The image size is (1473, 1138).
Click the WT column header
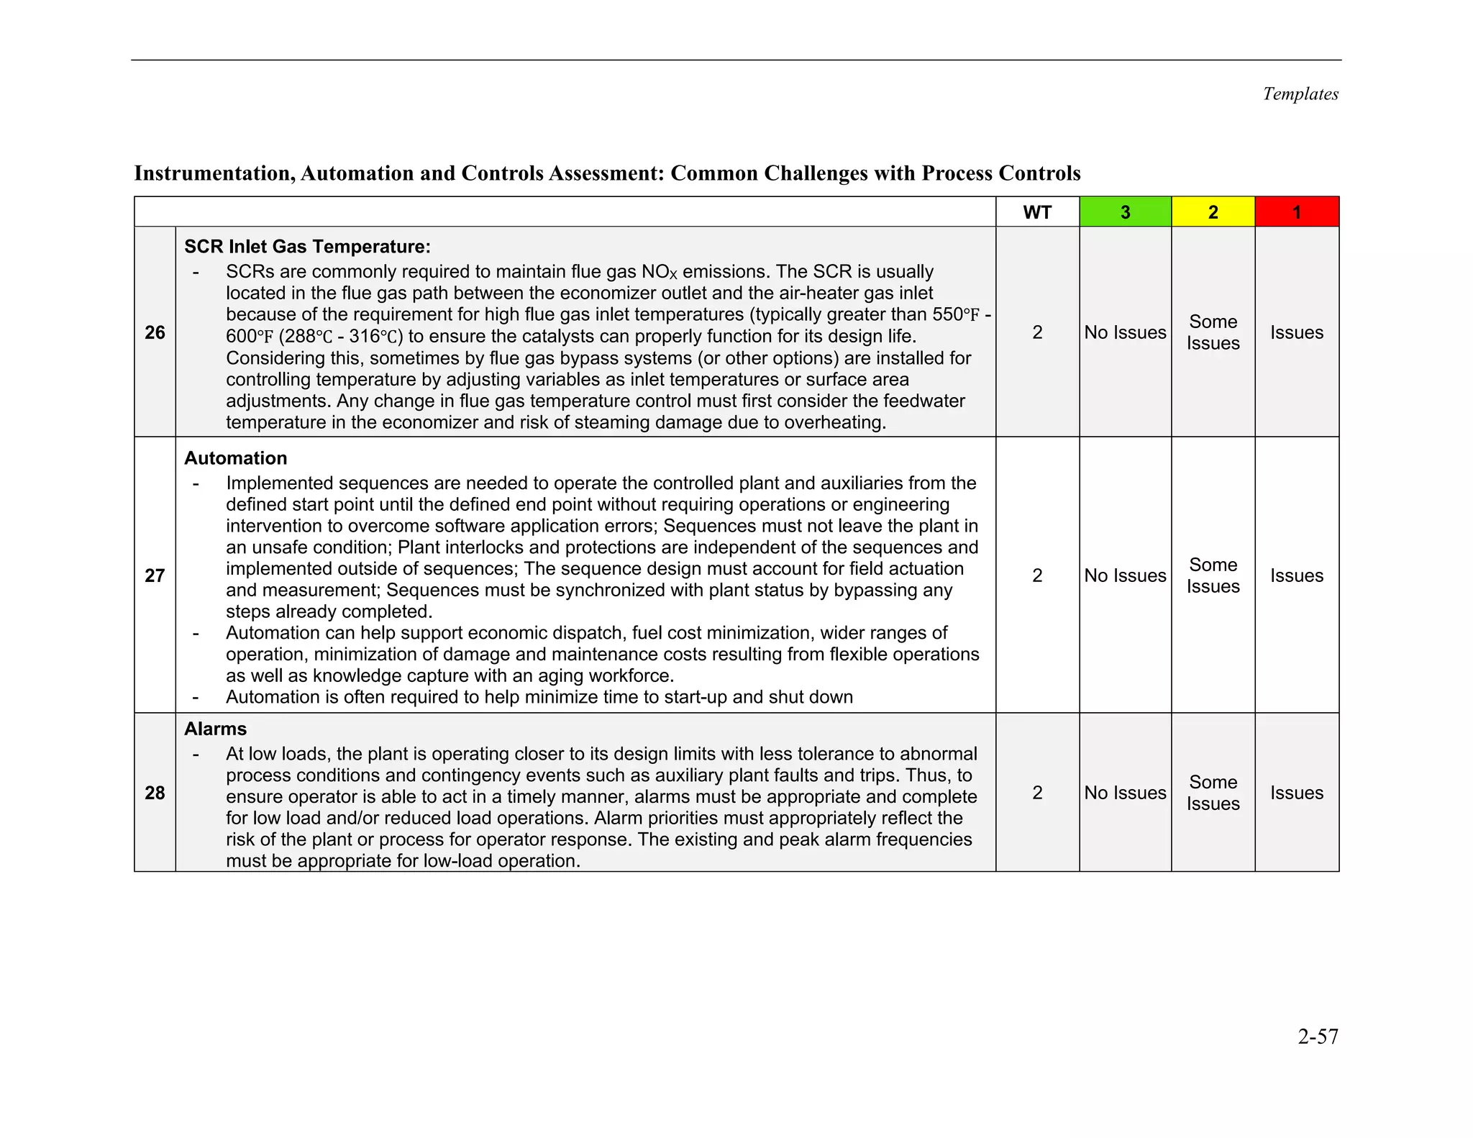[1036, 212]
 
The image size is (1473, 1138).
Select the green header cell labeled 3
[1125, 212]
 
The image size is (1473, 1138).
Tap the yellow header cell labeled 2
[1213, 212]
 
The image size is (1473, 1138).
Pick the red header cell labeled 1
[1296, 212]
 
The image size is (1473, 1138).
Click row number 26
[155, 332]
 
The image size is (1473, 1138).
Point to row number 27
[155, 575]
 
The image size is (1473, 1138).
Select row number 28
[155, 793]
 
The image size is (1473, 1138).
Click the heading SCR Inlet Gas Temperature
[307, 247]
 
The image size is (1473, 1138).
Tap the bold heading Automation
[235, 458]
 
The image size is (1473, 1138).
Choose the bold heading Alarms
[215, 729]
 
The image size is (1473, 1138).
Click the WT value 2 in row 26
[1036, 332]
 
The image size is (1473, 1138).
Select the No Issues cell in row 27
[1125, 575]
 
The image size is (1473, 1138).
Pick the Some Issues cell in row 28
[1213, 793]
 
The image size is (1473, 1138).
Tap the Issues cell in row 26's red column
[1296, 332]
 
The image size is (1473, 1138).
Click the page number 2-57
[1318, 1037]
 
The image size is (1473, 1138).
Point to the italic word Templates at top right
[1300, 94]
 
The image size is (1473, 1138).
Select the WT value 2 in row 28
[1036, 793]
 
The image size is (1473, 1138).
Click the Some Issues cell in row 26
[1213, 332]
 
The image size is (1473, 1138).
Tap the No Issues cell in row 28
[1125, 793]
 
